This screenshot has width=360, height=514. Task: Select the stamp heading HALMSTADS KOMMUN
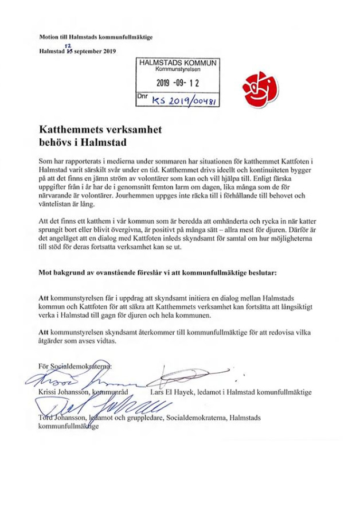pos(177,62)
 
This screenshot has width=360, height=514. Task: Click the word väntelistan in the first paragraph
pos(57,204)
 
